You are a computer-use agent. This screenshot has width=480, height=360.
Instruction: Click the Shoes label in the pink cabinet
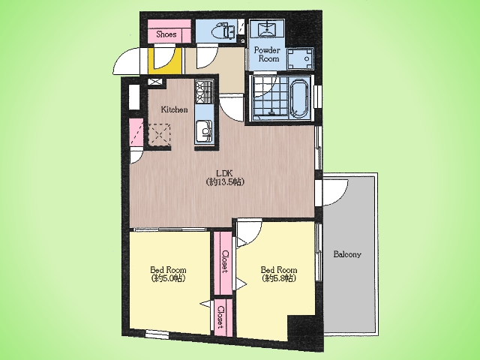166,34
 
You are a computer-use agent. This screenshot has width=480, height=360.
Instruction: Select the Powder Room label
267,54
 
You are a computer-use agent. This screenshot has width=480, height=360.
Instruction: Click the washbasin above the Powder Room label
267,28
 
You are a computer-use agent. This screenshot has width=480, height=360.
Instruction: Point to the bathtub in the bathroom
299,98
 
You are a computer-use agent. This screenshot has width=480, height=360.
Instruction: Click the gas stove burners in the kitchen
204,91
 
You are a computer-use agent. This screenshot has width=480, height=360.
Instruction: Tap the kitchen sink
204,131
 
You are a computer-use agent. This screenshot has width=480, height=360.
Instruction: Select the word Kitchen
174,109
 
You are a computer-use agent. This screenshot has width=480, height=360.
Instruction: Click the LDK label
225,173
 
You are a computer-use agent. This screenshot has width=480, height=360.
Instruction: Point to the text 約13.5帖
225,182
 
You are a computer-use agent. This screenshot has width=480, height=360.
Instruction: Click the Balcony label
347,254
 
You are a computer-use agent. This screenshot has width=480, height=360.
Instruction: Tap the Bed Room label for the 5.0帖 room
168,270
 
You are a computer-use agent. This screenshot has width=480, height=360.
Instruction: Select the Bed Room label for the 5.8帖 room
278,270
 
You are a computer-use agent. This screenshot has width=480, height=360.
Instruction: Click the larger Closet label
226,262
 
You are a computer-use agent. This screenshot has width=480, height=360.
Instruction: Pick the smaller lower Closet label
220,317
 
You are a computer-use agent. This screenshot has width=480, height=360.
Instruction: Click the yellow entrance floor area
166,61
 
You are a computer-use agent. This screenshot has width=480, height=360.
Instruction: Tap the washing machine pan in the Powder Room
300,58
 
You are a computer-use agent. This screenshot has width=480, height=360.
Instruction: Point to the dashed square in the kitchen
160,135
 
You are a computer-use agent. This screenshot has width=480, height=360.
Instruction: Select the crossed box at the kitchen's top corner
157,82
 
